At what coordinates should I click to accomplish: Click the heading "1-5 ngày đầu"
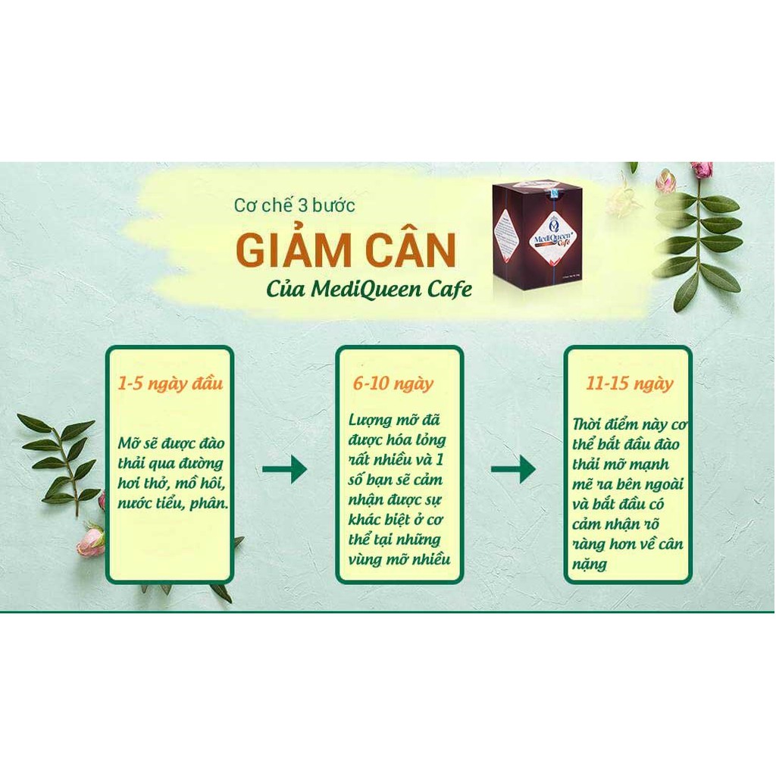[x=170, y=383]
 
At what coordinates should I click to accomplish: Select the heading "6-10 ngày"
[x=393, y=383]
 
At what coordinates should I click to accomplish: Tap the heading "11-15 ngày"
[x=629, y=383]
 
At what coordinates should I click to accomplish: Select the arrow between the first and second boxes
[x=284, y=470]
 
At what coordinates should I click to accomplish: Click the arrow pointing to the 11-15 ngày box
[x=513, y=470]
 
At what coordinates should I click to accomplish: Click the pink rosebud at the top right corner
[x=701, y=170]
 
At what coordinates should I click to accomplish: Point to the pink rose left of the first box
[x=91, y=541]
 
